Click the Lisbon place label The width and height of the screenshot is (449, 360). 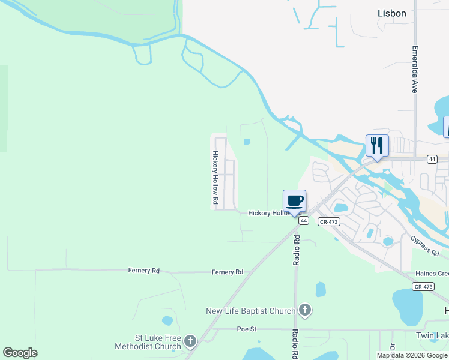tap(391, 13)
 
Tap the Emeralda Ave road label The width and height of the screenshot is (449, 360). tap(414, 70)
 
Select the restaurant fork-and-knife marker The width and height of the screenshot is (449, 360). tap(377, 146)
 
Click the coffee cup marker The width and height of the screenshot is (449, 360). tap(294, 202)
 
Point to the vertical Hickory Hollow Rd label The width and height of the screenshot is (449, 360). tap(214, 176)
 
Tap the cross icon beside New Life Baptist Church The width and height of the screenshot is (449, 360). tap(305, 310)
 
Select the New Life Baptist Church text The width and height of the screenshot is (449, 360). tap(250, 311)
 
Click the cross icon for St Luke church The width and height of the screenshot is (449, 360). tap(190, 342)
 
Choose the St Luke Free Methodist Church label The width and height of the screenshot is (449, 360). tap(148, 342)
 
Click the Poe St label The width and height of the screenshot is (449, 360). tap(247, 329)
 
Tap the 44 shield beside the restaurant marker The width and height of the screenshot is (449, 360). tap(432, 159)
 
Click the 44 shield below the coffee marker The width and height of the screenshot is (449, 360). tap(304, 221)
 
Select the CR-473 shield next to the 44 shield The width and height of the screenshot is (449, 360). tap(328, 221)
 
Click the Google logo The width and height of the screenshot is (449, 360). tap(20, 353)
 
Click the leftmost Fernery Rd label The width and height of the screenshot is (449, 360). tap(144, 271)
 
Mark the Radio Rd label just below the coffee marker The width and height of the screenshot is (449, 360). tap(297, 250)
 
